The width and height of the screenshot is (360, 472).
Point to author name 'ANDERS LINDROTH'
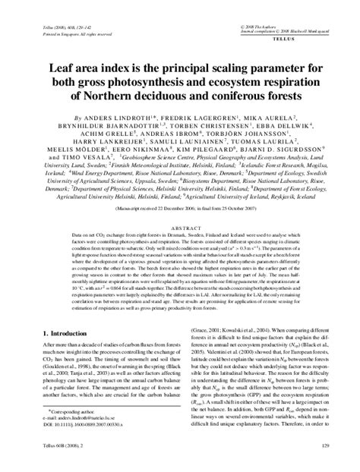[96, 119]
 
